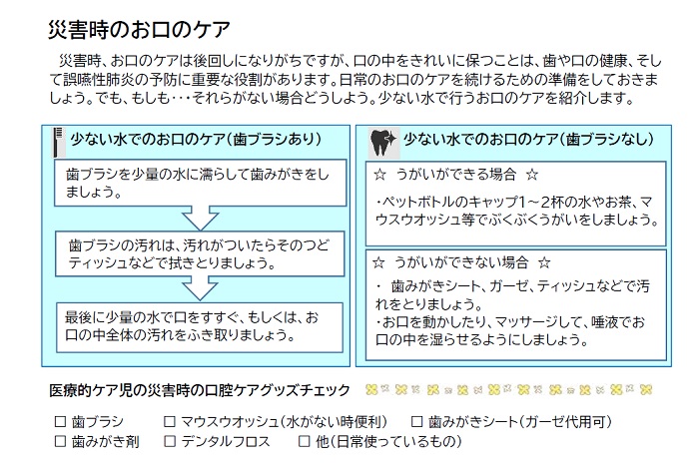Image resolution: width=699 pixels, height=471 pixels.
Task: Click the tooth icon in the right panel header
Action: [379, 140]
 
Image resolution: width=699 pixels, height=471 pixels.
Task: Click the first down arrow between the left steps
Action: [199, 214]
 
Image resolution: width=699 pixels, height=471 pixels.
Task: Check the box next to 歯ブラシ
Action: [60, 422]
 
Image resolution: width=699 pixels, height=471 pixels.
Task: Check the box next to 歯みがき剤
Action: [60, 440]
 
